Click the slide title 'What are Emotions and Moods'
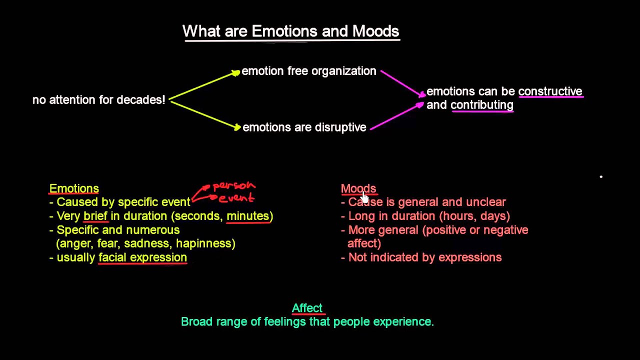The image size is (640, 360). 290,31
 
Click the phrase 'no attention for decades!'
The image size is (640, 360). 98,100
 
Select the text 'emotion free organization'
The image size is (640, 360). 308,71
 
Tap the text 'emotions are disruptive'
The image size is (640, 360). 304,127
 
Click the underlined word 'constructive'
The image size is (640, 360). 550,91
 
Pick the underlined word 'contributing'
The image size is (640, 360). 482,105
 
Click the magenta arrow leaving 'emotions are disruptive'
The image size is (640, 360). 395,116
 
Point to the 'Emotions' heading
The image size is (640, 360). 74,188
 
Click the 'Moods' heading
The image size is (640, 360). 358,188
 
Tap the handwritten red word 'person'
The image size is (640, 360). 234,186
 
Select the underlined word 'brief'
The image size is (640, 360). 95,216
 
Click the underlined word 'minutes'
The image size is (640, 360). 248,216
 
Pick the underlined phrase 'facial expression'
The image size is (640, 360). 142,257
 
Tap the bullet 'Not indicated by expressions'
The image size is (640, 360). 424,257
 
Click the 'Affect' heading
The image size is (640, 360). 307,308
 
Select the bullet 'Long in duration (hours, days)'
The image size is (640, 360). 428,216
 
